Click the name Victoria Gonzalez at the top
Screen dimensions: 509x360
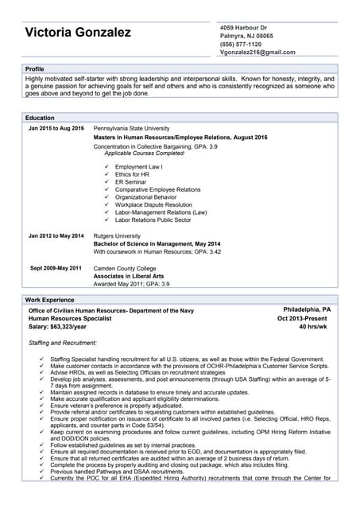78,33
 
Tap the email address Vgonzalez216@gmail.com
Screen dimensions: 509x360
257,52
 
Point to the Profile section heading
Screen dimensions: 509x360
35,69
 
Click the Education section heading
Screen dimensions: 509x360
40,118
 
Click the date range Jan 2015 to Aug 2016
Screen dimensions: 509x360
56,128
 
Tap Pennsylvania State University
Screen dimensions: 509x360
131,128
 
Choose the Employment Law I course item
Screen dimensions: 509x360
138,167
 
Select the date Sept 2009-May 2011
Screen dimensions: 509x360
56,268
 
